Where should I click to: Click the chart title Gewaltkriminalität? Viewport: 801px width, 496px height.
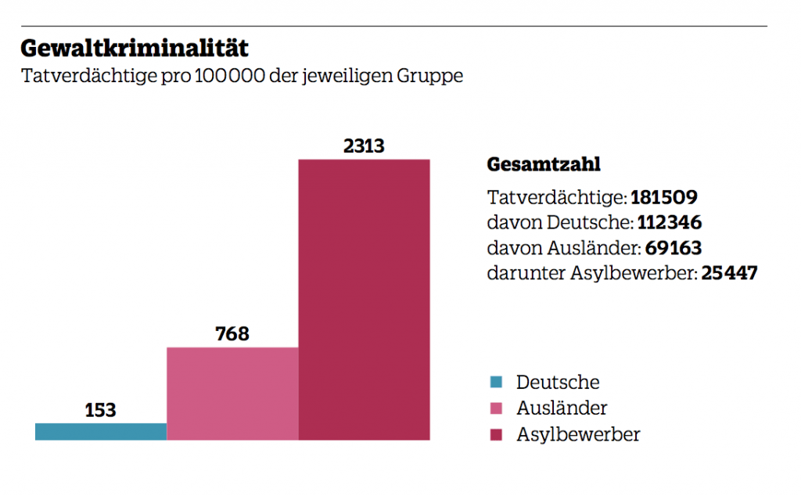pos(135,49)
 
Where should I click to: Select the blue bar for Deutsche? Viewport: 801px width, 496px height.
pos(101,431)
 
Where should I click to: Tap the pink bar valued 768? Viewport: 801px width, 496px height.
pos(232,394)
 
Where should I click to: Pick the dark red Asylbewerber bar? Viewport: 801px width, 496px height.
pos(365,300)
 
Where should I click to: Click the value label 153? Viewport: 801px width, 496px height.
pos(100,410)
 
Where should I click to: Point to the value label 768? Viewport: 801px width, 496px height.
pos(232,334)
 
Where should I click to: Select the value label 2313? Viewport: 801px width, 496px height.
pos(365,146)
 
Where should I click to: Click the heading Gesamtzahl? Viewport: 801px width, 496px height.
pos(544,165)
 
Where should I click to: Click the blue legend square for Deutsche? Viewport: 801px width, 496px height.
pos(495,383)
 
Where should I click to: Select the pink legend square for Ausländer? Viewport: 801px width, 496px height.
pos(495,408)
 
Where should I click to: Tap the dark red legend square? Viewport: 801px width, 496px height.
pos(495,434)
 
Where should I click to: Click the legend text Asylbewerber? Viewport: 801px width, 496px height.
pos(577,435)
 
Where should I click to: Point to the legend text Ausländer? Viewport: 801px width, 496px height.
pos(561,408)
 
